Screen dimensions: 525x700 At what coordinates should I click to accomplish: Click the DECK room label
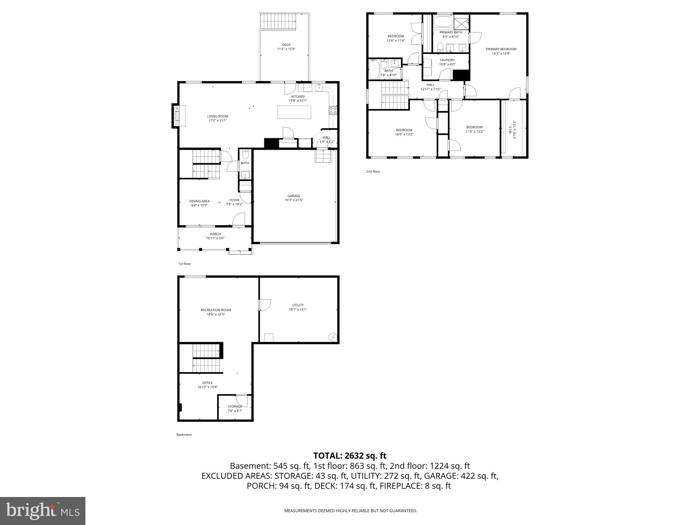click(x=286, y=45)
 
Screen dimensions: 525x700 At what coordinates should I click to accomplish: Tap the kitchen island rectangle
click(x=294, y=112)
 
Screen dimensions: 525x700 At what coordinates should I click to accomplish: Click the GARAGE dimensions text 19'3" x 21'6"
click(x=294, y=200)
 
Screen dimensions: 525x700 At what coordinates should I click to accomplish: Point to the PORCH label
click(x=215, y=234)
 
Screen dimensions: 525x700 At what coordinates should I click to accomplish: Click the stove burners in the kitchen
click(x=333, y=111)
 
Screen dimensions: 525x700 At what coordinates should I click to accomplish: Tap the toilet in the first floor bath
click(x=245, y=154)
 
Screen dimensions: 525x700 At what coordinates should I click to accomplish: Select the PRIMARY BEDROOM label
click(x=501, y=49)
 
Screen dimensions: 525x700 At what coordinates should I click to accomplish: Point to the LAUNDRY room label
click(x=447, y=60)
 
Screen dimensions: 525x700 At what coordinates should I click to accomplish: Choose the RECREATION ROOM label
click(x=216, y=310)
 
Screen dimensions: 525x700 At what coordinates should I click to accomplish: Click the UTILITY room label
click(x=298, y=305)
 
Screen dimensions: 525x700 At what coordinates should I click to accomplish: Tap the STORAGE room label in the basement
click(x=235, y=407)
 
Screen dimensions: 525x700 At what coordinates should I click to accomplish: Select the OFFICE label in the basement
click(x=208, y=383)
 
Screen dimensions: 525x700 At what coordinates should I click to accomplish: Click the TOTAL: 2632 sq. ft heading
click(x=350, y=456)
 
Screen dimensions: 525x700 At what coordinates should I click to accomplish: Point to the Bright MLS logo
click(x=43, y=511)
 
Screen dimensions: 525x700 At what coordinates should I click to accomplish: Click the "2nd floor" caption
click(x=373, y=171)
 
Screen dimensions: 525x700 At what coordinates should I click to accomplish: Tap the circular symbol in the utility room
click(x=332, y=337)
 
